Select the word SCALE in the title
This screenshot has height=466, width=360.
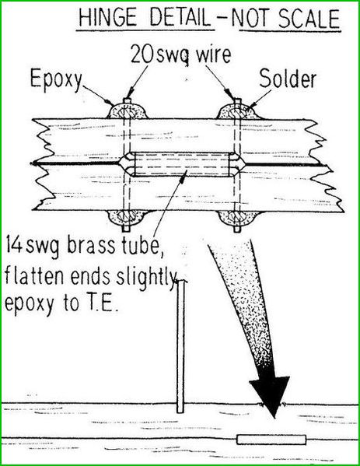309,19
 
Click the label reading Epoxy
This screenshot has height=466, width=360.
56,79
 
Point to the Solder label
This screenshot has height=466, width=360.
288,79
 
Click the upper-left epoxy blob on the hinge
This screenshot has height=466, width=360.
128,111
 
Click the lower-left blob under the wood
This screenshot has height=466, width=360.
127,219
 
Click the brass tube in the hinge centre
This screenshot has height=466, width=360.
182,164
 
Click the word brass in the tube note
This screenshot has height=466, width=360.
91,246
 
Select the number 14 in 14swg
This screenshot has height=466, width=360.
13,247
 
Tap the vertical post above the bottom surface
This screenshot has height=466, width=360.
180,347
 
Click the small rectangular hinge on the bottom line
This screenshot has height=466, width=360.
271,440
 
